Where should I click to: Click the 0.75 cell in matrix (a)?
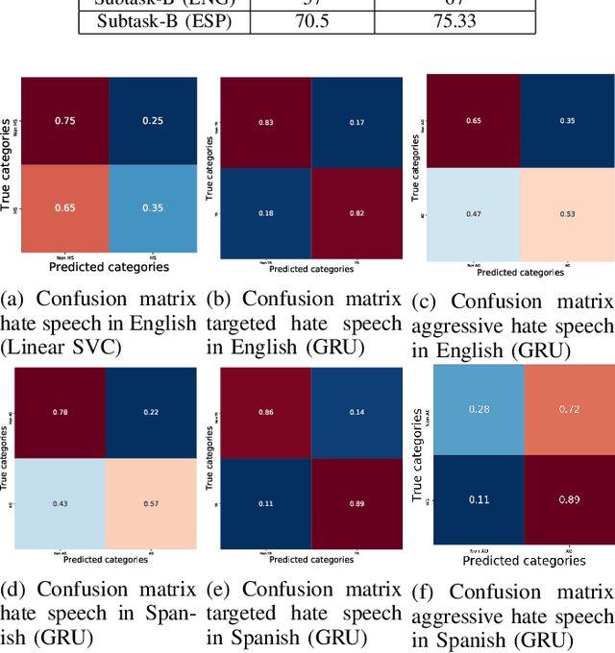pos(64,120)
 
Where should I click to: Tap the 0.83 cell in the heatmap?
pos(266,123)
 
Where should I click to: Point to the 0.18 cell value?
pos(266,212)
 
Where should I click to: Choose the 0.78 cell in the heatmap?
pos(61,413)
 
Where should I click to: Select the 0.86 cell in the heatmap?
pos(266,413)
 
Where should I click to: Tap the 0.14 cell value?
pos(357,413)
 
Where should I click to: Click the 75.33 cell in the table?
pos(455,20)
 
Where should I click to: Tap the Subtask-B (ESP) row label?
pos(162,20)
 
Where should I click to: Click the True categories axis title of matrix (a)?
pos(9,164)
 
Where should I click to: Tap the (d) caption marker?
pos(13,589)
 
